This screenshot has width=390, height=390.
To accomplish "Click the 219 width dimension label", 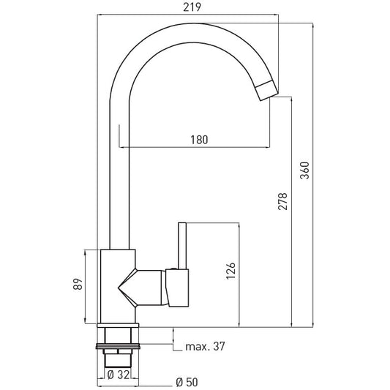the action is (x=192, y=7).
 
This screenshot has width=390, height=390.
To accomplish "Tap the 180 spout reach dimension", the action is (x=199, y=140).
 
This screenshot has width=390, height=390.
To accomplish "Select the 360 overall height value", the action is (x=304, y=170).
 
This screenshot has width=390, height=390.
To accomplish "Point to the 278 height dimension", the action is (x=282, y=201).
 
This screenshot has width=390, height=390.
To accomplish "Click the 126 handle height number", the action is (x=230, y=271).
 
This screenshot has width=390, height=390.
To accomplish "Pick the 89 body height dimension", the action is (x=78, y=284).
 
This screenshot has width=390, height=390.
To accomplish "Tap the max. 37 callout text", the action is (x=205, y=346).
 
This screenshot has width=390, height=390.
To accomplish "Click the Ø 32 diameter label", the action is (x=118, y=375).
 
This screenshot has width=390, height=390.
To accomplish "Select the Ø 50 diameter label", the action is (x=187, y=382).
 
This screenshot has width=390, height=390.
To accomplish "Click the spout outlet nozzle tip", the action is (x=267, y=91).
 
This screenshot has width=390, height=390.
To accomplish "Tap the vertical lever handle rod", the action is (x=182, y=246).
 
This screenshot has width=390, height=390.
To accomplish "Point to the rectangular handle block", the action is (x=177, y=288).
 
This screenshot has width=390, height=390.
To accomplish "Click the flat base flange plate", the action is (x=118, y=326).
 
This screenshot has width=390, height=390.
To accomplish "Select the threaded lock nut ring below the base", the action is (x=118, y=346).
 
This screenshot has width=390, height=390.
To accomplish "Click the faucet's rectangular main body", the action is (x=118, y=286).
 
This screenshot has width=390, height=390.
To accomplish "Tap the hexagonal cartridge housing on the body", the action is (x=142, y=288).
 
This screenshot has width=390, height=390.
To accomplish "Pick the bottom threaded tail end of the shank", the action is (x=118, y=361).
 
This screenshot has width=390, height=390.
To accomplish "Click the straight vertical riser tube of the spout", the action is (x=119, y=174).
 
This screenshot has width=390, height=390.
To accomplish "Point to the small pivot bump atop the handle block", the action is (x=173, y=269).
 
